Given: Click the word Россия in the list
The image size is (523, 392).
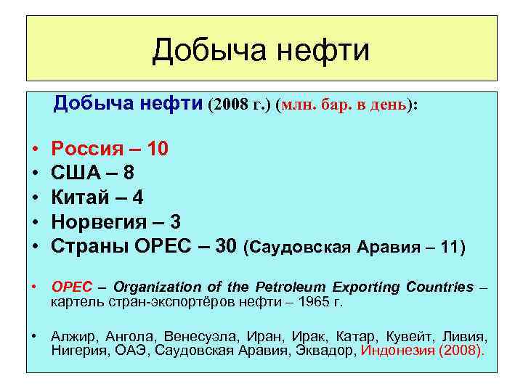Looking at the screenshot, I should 90,150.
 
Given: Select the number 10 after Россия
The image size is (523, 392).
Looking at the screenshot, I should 158,150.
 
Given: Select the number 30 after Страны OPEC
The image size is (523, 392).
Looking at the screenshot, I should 226,245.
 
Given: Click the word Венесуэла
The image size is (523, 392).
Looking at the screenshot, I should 195,338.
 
